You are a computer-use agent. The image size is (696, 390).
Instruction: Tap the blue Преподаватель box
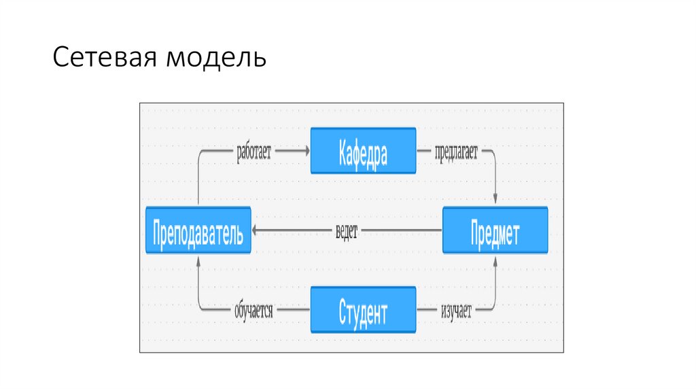(198, 231)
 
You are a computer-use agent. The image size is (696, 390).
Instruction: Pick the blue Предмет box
(495, 231)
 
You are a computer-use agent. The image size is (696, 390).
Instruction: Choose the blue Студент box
(363, 311)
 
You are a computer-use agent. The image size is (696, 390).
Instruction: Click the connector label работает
(254, 152)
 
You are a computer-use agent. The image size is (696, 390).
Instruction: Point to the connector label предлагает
(455, 152)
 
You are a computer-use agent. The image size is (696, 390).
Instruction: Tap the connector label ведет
(346, 231)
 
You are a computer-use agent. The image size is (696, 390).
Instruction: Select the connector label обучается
(254, 311)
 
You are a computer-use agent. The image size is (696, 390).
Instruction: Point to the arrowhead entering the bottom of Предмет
(495, 260)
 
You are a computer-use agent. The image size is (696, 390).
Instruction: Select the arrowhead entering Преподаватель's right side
(257, 231)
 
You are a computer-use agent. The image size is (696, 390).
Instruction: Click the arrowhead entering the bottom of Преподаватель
(198, 260)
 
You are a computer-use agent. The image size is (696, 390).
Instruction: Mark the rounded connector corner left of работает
(200, 154)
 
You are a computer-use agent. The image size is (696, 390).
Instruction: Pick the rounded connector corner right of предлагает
(493, 154)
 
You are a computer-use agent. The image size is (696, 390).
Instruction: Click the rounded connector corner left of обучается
(200, 309)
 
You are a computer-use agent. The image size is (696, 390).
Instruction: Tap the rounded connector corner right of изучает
(493, 309)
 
